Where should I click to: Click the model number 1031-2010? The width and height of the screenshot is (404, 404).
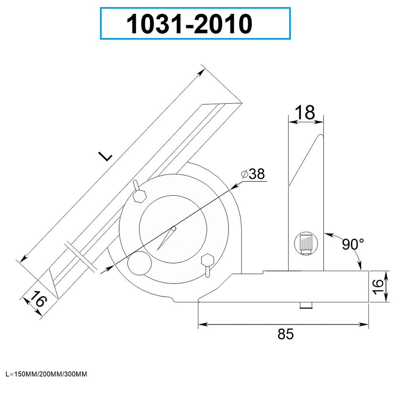coord(189,24)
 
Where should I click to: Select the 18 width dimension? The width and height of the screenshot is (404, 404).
coord(305,112)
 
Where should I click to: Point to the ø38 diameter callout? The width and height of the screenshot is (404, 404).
coord(253,174)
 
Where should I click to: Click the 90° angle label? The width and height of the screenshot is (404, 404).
coord(353,244)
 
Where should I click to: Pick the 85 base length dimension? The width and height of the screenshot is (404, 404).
coord(285,334)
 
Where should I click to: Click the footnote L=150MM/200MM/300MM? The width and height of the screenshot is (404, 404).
coord(46,374)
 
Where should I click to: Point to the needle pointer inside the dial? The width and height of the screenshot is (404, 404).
coord(166,238)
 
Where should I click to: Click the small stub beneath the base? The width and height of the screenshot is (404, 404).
coord(305,305)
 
